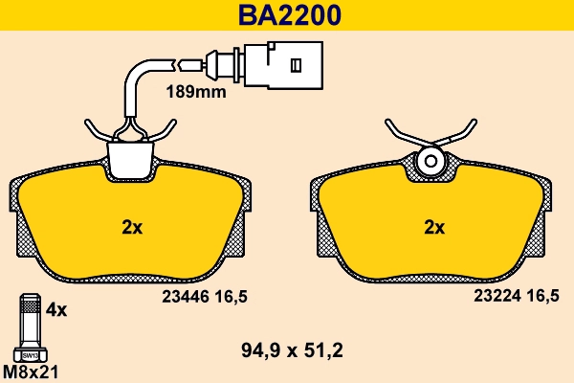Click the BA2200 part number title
coord(286,15)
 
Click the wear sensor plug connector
coord(281,65)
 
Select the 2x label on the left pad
coord(131,227)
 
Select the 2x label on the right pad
coord(434,227)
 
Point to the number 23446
coord(179,297)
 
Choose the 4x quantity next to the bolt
coord(56,310)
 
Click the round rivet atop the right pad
coord(430,160)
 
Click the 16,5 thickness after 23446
coord(231,297)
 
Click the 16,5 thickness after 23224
coord(543,297)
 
